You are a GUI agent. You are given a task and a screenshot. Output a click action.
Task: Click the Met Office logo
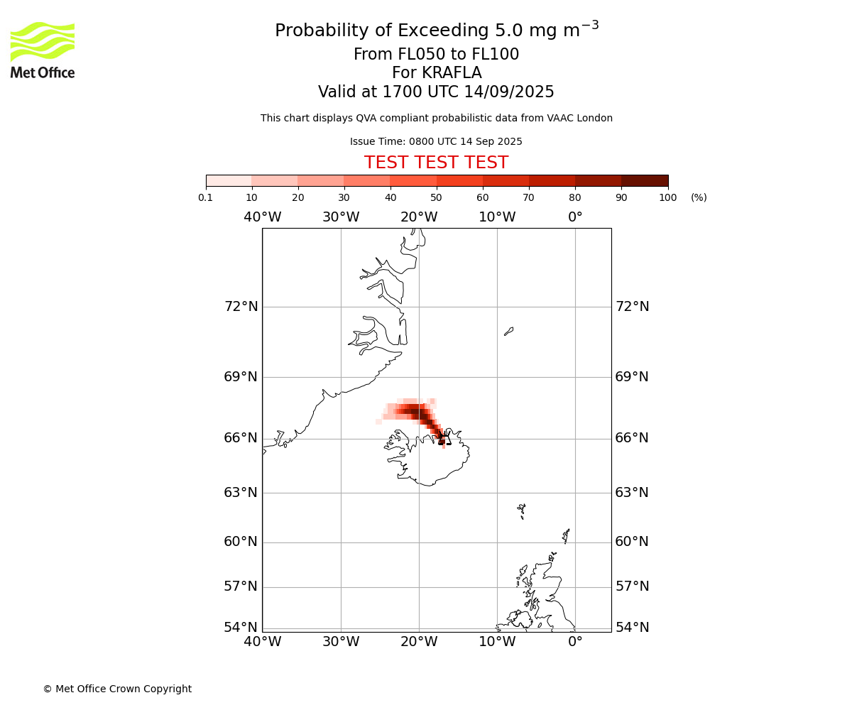[43, 50]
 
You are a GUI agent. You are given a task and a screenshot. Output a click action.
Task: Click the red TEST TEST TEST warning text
[436, 163]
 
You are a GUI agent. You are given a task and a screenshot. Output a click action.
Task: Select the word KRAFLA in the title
[452, 72]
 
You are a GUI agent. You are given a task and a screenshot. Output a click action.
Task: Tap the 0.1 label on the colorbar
[205, 198]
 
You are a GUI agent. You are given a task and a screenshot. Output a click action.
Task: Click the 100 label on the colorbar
[667, 198]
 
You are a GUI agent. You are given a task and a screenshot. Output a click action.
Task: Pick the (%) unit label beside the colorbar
[699, 198]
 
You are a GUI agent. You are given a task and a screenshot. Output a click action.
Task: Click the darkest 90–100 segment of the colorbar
[645, 181]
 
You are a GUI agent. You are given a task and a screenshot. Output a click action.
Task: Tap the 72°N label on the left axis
[241, 307]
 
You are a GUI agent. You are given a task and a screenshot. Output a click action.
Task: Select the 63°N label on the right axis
[632, 493]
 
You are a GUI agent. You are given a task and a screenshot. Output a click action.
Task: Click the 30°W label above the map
[341, 217]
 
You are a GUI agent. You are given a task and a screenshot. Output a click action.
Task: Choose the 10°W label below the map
[497, 642]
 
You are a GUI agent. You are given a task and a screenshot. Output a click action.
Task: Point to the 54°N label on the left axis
[241, 627]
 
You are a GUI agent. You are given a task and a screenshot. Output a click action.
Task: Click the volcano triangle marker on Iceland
[444, 439]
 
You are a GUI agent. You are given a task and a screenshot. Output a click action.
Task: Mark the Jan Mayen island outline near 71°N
[508, 332]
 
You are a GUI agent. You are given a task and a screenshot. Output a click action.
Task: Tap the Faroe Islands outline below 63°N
[521, 511]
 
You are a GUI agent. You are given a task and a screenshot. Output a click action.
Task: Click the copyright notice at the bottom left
[117, 689]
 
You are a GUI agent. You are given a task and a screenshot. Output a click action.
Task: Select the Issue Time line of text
[436, 141]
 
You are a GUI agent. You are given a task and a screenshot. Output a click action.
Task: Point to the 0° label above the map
[575, 217]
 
